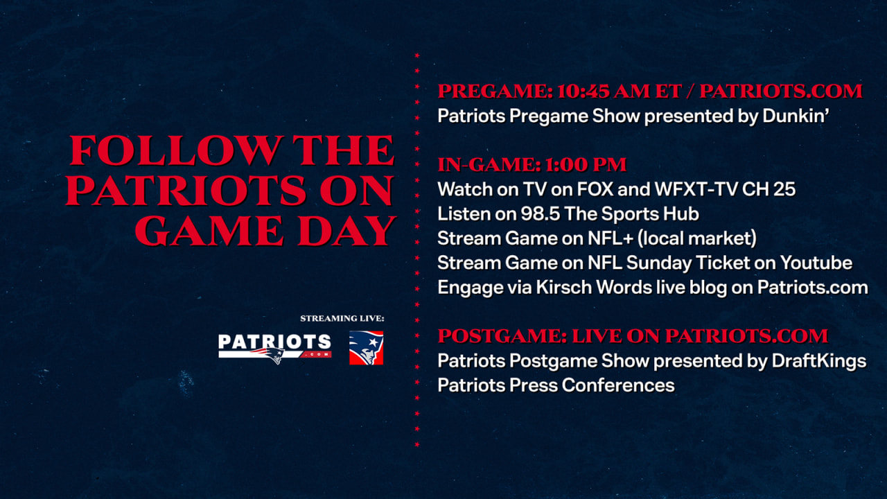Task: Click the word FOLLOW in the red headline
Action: [176, 150]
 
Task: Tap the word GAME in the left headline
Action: [209, 231]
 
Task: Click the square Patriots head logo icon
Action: [366, 348]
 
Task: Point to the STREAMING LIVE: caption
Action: [342, 318]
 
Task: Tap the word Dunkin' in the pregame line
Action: [796, 116]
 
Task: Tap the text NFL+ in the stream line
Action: [611, 238]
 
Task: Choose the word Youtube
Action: [816, 263]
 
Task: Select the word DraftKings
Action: [819, 361]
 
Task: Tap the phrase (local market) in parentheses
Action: [697, 238]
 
